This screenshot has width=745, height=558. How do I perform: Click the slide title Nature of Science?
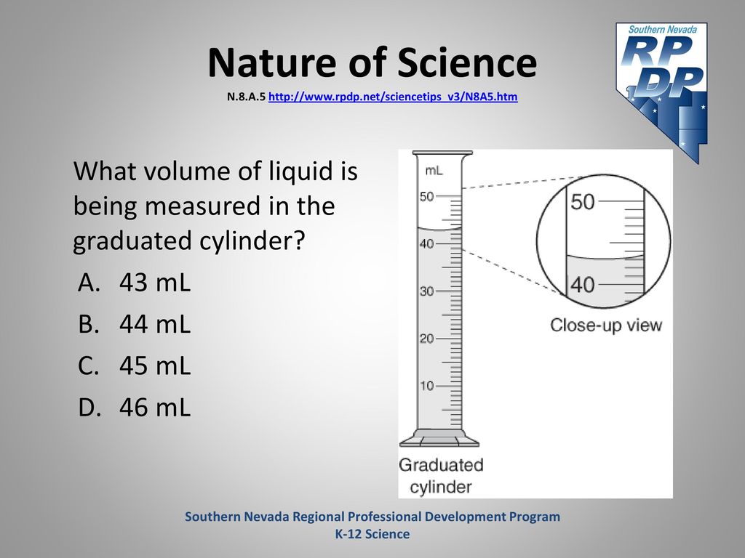coord(372,62)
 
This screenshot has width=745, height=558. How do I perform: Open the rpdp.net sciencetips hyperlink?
coord(393,97)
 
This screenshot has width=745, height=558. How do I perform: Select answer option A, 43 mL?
coord(134,283)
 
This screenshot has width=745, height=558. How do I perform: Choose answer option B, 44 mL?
coord(134,324)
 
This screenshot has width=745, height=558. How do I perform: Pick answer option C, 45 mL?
coord(134,366)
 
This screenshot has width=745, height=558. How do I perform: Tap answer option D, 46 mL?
coord(134,407)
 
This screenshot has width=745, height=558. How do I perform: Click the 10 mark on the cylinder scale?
coord(426,386)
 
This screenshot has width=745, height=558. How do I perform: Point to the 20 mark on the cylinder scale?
coord(426,339)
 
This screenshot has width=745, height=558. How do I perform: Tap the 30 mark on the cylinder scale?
coord(426,291)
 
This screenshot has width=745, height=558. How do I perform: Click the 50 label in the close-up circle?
coord(583,202)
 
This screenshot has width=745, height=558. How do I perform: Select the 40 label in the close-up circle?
coord(583,285)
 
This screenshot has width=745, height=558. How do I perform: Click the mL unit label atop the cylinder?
coord(434,171)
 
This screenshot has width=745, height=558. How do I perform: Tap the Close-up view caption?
coord(606,325)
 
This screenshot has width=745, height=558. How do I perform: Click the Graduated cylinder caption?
coord(441,475)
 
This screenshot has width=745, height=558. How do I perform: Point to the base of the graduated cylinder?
coord(439,438)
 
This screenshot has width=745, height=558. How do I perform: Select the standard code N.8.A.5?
coord(246,97)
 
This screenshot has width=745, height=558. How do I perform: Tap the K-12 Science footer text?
coord(372,534)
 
